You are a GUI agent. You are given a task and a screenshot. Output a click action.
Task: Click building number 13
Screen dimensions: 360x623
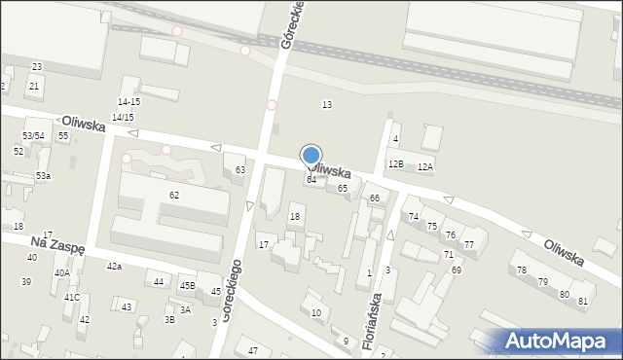tap(327, 104)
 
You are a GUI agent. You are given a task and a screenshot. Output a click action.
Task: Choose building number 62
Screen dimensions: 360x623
tap(174, 196)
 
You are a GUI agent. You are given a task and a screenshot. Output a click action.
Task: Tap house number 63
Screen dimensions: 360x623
tap(239, 170)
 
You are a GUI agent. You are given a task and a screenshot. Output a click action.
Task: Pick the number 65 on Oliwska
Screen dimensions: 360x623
tap(343, 188)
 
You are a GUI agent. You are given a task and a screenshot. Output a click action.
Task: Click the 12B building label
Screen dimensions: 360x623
tap(395, 164)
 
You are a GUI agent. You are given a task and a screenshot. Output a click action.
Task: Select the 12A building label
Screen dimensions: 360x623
tap(425, 166)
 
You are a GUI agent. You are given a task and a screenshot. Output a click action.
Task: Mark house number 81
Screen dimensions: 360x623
tap(583, 301)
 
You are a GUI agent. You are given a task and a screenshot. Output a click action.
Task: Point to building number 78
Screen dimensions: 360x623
tap(522, 270)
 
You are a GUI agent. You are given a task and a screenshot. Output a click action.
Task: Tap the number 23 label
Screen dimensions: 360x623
tap(36, 66)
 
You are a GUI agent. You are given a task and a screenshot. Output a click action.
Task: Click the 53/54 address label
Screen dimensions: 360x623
tap(33, 135)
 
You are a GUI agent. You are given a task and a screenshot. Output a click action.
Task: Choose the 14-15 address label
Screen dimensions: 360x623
tap(128, 101)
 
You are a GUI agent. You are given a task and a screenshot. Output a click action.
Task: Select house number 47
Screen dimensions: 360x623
tap(253, 350)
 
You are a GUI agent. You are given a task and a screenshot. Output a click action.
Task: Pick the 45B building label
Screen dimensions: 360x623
tap(187, 286)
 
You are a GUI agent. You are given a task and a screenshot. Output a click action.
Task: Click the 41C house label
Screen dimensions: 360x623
tap(71, 297)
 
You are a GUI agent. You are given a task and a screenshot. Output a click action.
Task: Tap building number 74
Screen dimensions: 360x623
tap(414, 216)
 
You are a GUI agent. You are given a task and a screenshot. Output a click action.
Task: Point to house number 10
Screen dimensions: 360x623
tap(316, 312)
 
